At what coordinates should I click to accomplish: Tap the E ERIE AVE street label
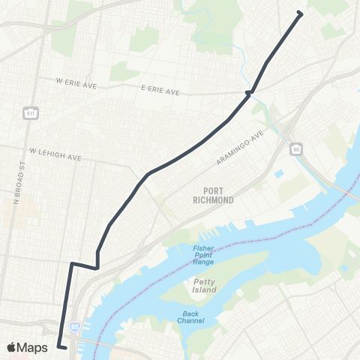point(160,90)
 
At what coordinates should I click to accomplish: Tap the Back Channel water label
point(190,317)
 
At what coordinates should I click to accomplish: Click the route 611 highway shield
point(31,113)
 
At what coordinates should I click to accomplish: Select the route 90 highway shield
point(296,150)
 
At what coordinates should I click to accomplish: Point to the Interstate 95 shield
point(74,327)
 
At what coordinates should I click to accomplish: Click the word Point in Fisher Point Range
point(203,256)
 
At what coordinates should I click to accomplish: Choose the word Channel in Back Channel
point(190,322)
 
